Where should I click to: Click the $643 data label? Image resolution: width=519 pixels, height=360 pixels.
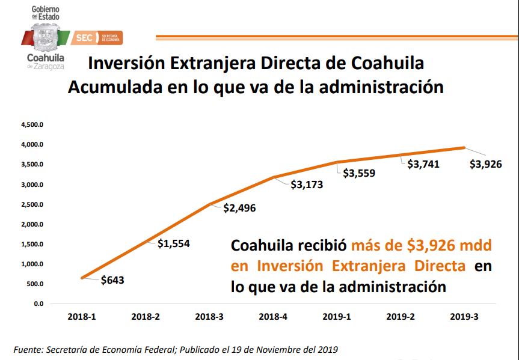pos(112,279)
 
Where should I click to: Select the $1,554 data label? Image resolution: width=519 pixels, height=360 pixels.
pos(174,243)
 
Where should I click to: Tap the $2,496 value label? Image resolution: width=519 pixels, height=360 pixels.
pos(239,208)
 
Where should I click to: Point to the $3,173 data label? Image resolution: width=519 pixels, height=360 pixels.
pos(306,185)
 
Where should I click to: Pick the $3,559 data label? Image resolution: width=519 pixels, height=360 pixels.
pos(359,174)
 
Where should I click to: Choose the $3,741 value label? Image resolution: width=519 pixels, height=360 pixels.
pos(424,163)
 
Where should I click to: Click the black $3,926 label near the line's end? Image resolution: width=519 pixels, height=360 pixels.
pos(485,163)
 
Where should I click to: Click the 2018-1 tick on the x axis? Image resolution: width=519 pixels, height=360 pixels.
pos(81,317)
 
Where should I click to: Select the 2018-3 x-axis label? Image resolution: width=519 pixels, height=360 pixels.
pos(210,317)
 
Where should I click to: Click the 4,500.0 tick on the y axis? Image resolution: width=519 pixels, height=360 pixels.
pos(30,125)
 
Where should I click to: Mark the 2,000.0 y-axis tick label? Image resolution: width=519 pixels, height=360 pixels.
pos(30,224)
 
